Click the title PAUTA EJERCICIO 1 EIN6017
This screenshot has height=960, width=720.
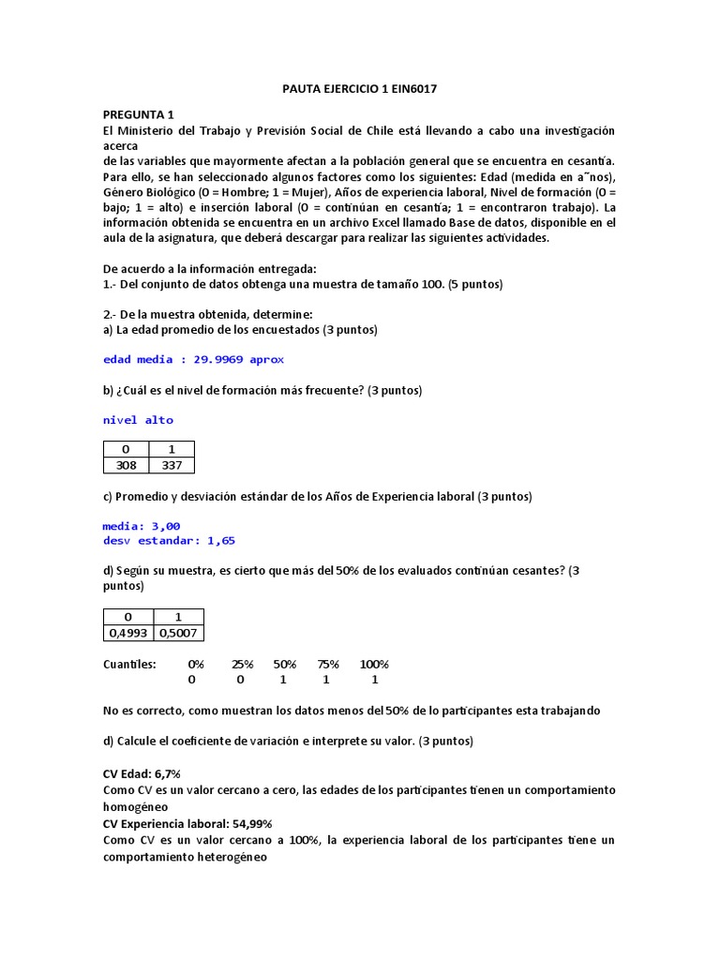[x=360, y=89]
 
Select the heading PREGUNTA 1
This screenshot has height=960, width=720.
[x=138, y=114]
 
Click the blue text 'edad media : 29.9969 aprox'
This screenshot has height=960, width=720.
[x=193, y=359]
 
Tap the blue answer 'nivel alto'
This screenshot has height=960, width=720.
[x=138, y=420]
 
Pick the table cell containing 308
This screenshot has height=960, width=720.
[x=126, y=465]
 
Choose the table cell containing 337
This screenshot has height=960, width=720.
[x=172, y=465]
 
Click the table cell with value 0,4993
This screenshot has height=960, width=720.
[x=127, y=633]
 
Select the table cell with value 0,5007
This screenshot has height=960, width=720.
[x=178, y=633]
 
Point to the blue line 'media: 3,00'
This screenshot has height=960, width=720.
[x=142, y=526]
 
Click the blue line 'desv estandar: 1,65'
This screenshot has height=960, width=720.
[x=169, y=540]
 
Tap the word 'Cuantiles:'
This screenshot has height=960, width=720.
[x=129, y=664]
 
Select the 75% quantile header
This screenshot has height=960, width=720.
[x=326, y=664]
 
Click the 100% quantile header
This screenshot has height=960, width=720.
[x=374, y=664]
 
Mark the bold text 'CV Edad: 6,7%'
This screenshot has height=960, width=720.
[x=142, y=774]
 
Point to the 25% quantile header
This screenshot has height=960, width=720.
[x=243, y=664]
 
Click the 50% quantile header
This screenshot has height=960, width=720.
[x=285, y=664]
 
